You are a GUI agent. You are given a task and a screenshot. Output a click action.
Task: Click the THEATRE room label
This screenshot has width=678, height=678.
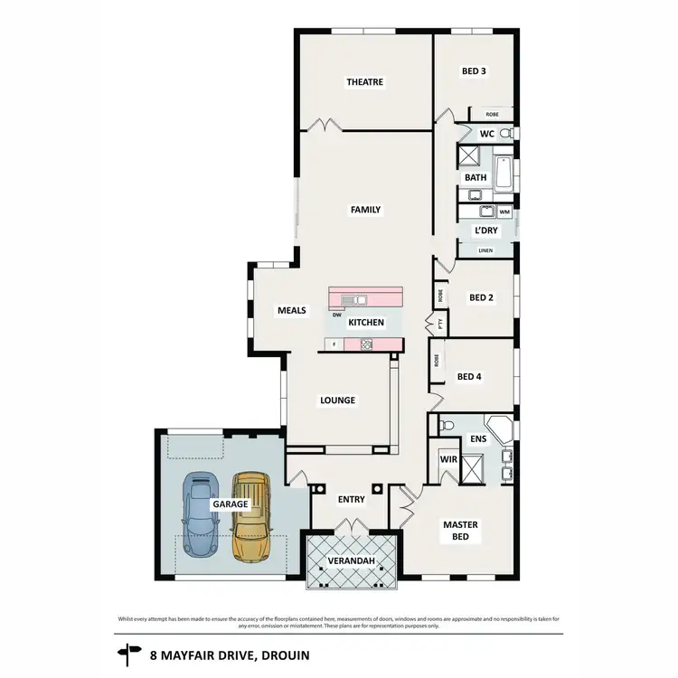[x=365, y=82]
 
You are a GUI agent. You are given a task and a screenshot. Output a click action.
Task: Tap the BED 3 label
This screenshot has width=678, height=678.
[x=475, y=71]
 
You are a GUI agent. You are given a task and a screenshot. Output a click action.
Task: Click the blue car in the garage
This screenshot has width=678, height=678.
[x=199, y=515]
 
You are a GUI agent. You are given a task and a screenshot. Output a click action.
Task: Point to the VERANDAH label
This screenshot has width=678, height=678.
[x=352, y=560]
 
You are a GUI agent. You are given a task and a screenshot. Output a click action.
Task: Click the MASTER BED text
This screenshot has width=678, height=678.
[x=460, y=531]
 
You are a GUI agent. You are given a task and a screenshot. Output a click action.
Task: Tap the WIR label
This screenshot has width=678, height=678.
[x=447, y=459]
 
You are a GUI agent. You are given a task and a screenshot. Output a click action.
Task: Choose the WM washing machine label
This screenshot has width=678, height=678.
[x=504, y=212]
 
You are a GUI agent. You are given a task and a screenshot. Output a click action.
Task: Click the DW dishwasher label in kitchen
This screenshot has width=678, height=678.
[x=336, y=315]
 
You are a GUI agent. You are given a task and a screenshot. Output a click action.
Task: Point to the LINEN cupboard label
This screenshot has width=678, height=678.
[x=485, y=250]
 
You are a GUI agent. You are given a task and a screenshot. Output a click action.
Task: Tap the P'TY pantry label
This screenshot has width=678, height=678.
[x=430, y=322]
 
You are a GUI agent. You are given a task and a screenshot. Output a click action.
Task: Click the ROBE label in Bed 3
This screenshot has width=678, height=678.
[x=492, y=115]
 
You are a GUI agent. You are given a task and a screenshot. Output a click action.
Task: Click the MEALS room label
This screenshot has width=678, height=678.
[x=291, y=310]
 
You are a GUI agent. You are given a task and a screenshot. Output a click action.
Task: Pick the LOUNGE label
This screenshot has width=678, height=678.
[x=337, y=400]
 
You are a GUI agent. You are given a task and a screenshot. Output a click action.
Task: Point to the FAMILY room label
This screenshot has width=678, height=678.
[x=366, y=210]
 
